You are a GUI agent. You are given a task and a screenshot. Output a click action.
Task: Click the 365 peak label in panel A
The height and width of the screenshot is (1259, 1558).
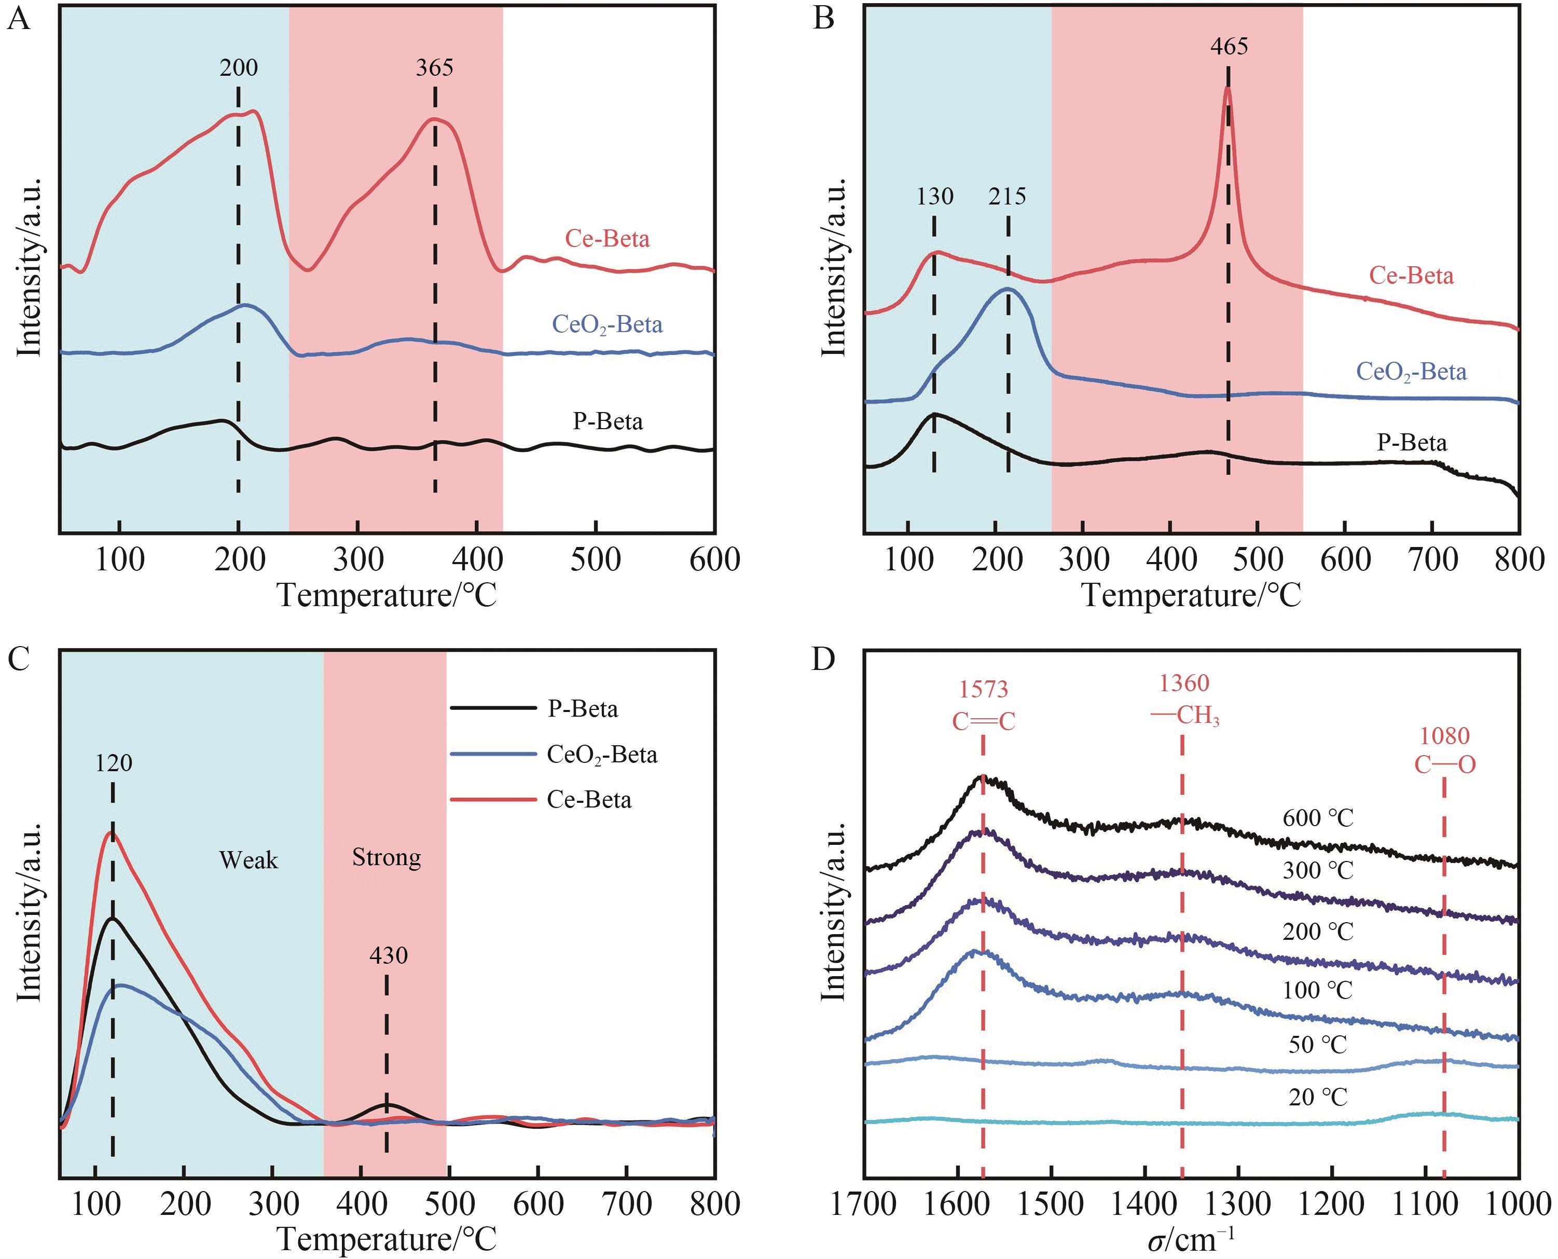pyautogui.click(x=434, y=67)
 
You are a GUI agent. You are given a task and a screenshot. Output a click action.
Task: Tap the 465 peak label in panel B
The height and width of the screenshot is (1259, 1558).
pyautogui.click(x=1229, y=46)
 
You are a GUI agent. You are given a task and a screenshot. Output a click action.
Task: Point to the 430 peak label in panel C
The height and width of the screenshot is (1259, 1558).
pyautogui.click(x=389, y=955)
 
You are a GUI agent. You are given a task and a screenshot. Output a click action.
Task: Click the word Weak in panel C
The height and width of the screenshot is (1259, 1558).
pyautogui.click(x=249, y=860)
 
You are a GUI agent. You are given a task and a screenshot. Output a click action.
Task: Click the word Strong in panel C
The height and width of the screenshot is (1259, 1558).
pyautogui.click(x=387, y=857)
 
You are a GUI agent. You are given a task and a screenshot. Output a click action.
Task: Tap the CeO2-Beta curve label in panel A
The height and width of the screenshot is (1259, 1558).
pyautogui.click(x=608, y=324)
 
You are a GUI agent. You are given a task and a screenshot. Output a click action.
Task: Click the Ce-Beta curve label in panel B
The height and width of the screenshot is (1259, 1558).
pyautogui.click(x=1411, y=276)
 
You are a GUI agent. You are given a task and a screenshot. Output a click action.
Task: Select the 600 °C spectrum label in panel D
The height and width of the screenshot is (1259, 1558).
pyautogui.click(x=1318, y=818)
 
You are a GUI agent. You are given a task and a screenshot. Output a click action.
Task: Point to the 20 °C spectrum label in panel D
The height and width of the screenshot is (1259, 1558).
pyautogui.click(x=1318, y=1097)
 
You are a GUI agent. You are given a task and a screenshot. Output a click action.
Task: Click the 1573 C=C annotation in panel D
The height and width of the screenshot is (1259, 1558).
pyautogui.click(x=984, y=705)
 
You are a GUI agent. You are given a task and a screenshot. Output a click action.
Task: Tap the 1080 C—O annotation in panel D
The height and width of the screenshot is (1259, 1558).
pyautogui.click(x=1444, y=750)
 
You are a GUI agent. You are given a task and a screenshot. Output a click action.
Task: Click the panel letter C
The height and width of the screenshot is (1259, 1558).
pyautogui.click(x=19, y=660)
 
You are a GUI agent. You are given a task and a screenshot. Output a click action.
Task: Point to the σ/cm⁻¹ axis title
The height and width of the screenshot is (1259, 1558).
pyautogui.click(x=1191, y=1239)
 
